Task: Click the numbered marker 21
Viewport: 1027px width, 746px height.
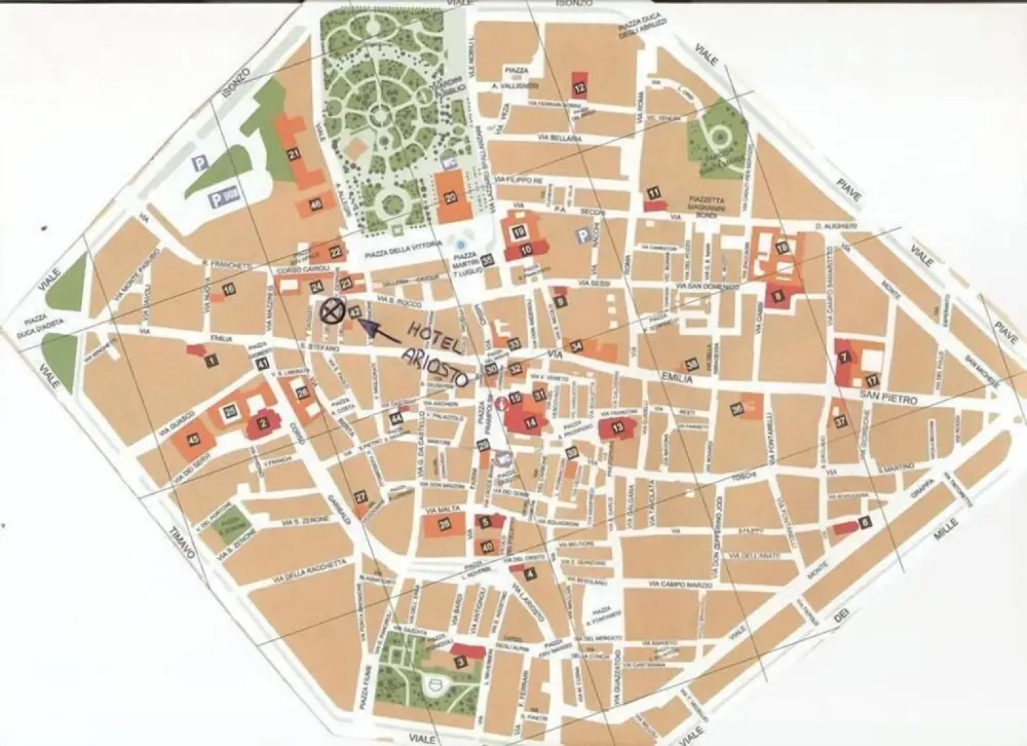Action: click(294, 155)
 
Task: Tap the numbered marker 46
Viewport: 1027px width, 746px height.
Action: click(316, 204)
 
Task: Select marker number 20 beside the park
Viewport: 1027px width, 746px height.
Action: click(451, 197)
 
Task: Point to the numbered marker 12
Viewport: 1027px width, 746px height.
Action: click(579, 88)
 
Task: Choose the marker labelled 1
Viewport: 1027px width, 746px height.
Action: click(211, 359)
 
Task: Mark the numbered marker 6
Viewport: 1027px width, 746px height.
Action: click(865, 522)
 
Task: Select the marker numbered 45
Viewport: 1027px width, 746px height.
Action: click(194, 439)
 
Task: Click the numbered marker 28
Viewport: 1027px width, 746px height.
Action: click(444, 525)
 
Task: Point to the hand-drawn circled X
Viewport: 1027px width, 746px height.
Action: click(333, 312)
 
